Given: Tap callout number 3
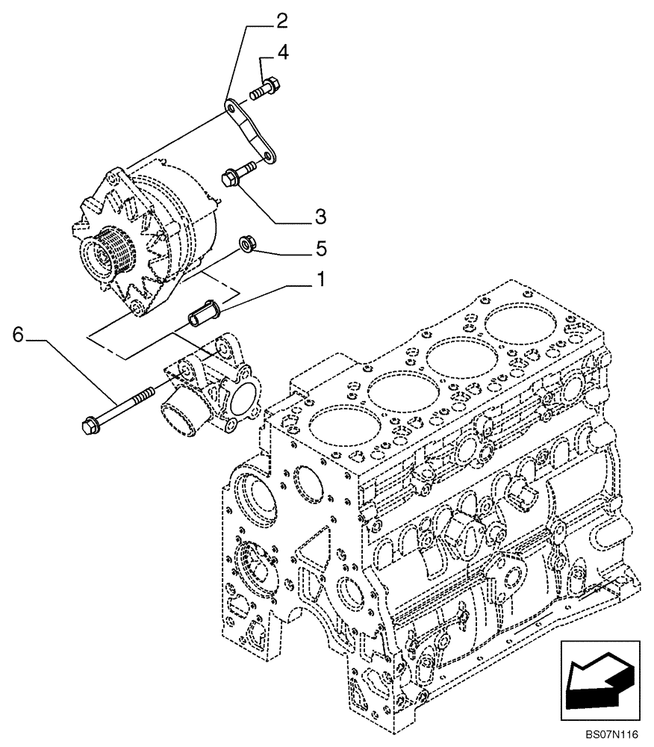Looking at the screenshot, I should point(319,217).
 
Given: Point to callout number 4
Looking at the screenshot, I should point(284,52).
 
